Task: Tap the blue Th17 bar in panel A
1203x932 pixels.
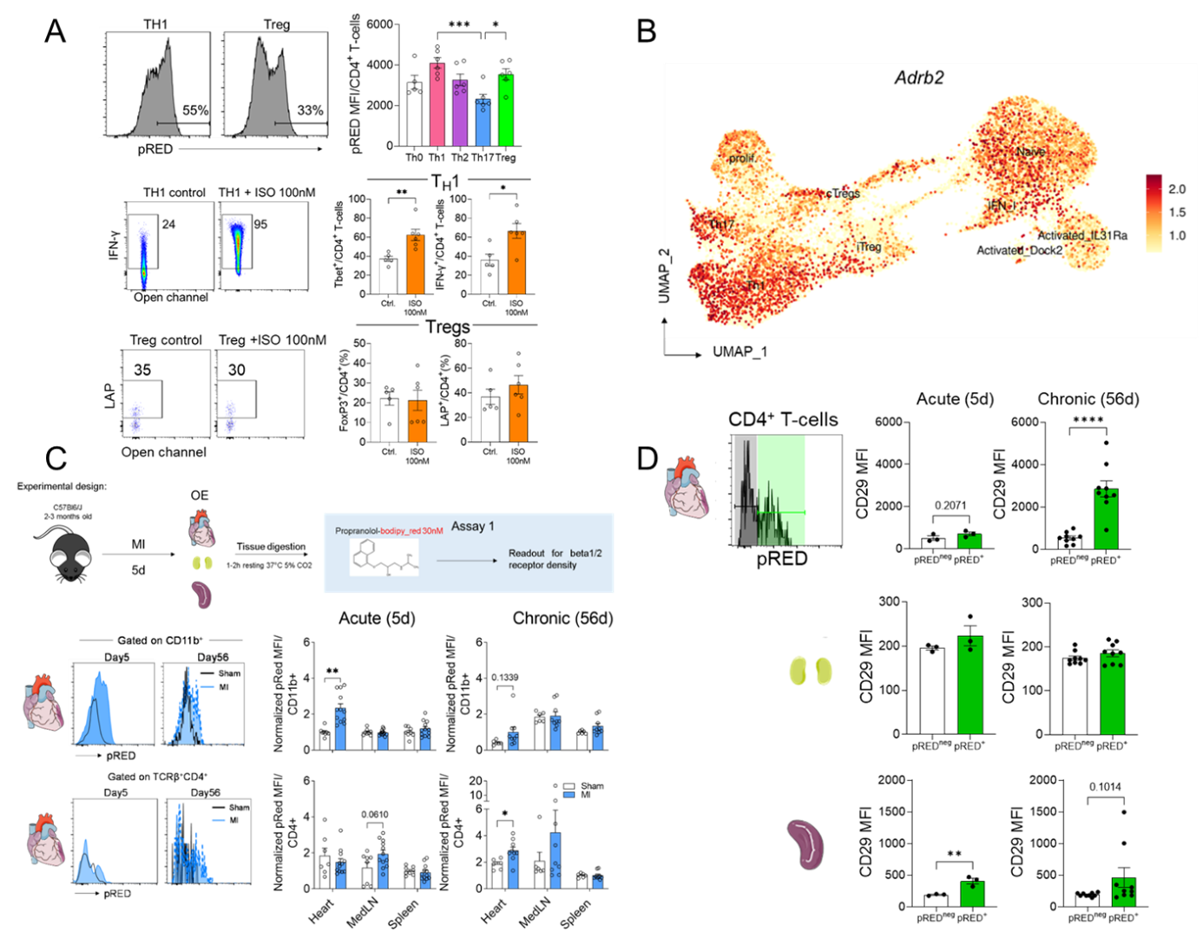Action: click(483, 121)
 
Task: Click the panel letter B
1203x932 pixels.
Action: click(646, 31)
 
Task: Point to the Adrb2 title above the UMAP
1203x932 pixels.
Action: click(919, 77)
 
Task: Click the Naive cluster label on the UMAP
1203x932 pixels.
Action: click(1030, 151)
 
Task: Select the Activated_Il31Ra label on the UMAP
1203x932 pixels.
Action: click(1082, 235)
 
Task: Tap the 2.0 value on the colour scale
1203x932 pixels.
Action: click(1177, 189)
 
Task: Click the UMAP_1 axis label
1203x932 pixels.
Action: click(740, 351)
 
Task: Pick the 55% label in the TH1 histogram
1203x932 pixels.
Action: click(195, 110)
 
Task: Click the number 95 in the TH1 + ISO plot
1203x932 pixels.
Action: click(260, 224)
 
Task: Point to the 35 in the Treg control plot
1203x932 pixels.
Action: click(142, 370)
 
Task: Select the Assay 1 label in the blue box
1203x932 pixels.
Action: click(473, 526)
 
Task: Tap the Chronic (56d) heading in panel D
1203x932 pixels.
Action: click(1088, 399)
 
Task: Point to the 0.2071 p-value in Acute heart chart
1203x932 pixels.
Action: click(950, 505)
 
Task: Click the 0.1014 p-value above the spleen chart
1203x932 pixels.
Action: click(1105, 787)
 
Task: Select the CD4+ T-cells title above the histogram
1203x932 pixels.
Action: click(783, 420)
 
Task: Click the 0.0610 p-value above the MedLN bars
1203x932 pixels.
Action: click(374, 814)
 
